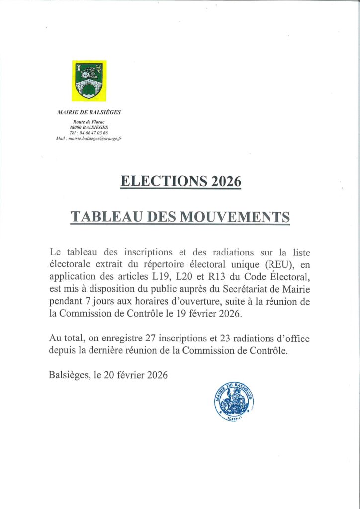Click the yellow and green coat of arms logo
(89, 81)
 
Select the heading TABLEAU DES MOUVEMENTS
(180, 217)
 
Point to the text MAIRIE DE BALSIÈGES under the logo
(89, 112)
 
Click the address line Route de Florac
(89, 122)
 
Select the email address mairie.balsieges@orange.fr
(95, 138)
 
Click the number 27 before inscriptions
(150, 339)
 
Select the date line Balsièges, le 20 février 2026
(108, 375)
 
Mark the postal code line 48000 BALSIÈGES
(89, 128)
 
